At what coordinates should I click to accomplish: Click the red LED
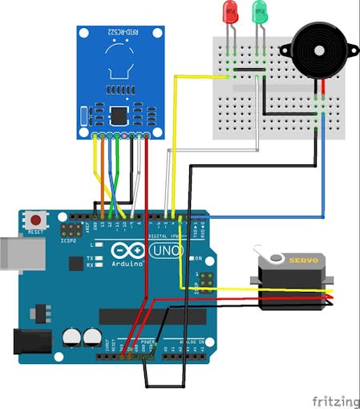pyautogui.click(x=231, y=12)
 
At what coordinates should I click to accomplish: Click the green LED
pyautogui.click(x=260, y=12)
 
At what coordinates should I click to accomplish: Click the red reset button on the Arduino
pyautogui.click(x=34, y=219)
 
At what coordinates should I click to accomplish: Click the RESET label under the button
pyautogui.click(x=34, y=232)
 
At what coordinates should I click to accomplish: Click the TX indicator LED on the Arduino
pyautogui.click(x=102, y=257)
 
